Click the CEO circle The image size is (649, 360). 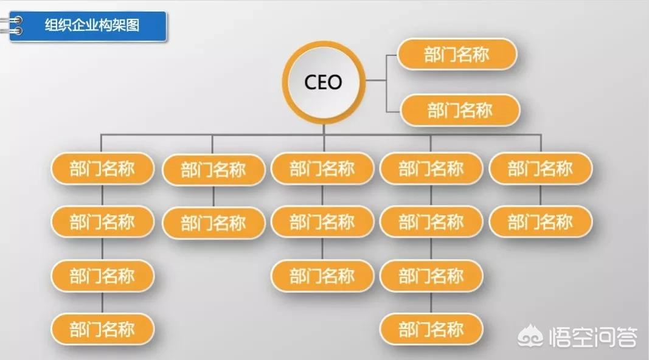point(323,82)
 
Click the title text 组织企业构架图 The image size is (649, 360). point(92,26)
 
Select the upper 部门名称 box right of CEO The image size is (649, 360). point(457,55)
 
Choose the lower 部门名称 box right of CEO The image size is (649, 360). point(460,111)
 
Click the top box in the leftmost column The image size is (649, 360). point(102,168)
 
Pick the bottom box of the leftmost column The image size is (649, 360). point(102,330)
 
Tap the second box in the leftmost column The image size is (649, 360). point(102,222)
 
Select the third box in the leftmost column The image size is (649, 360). point(102,275)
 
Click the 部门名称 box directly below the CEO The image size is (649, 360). point(322,168)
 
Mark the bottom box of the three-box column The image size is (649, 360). point(322,276)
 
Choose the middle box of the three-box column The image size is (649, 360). point(322,222)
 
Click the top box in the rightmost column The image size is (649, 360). point(540,168)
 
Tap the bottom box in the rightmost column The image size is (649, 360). point(540,222)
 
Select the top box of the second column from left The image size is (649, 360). point(213,170)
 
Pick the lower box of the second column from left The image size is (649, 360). point(213,223)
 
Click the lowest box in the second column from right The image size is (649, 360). point(431,330)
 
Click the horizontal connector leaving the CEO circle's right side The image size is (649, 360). point(375,80)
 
